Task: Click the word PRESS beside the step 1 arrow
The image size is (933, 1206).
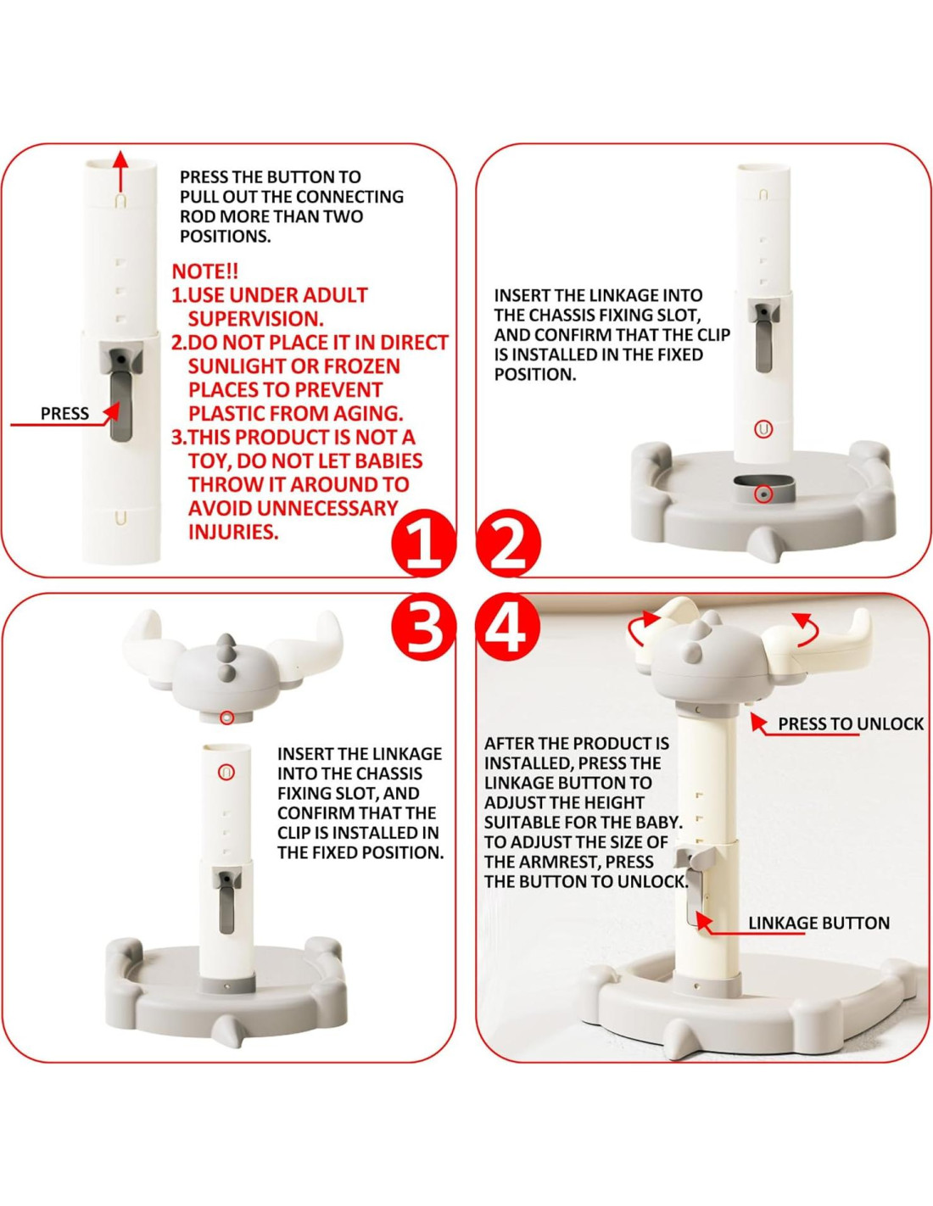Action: [x=64, y=414]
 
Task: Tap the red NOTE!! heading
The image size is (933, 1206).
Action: [x=204, y=271]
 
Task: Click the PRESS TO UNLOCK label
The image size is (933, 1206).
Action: [x=850, y=723]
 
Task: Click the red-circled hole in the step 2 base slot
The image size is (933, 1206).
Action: [x=764, y=494]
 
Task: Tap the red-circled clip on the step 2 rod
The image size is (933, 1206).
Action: [x=763, y=429]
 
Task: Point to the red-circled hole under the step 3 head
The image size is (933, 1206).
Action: [x=226, y=717]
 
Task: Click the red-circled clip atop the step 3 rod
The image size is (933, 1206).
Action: [x=226, y=772]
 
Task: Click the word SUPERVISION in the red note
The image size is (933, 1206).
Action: [x=256, y=319]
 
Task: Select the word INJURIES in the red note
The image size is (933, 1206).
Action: [x=232, y=532]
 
